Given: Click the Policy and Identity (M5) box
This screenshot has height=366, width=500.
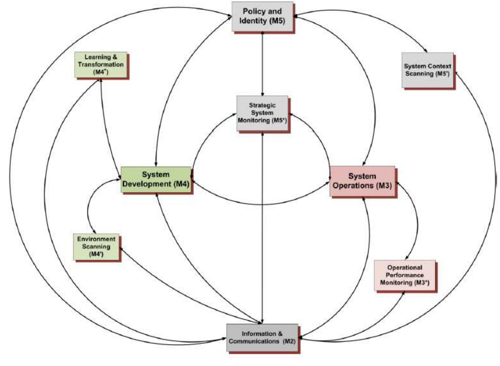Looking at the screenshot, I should [x=262, y=16].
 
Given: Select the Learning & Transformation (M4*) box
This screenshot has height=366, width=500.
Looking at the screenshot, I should [x=101, y=65].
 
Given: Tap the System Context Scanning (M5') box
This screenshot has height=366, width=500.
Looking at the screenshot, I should [x=427, y=70].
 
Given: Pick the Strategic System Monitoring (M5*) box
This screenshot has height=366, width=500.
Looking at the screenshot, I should [x=262, y=113].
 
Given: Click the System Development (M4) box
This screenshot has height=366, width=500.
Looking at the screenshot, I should [x=156, y=179].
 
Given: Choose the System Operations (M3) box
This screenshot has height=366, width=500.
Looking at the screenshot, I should [x=362, y=181].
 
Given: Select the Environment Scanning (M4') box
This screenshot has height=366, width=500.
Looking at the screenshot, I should [x=96, y=247].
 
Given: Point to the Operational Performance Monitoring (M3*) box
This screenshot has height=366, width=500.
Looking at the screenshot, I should [x=405, y=275].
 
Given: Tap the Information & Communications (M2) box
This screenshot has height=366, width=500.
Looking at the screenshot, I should [x=262, y=338].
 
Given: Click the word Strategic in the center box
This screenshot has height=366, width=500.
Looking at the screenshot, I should [x=262, y=105].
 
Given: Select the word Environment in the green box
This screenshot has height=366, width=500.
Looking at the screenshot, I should [x=96, y=239].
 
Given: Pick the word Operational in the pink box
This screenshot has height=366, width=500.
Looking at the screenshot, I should [x=405, y=268].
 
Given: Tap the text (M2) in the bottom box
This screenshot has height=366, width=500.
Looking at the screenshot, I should [x=289, y=341].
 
